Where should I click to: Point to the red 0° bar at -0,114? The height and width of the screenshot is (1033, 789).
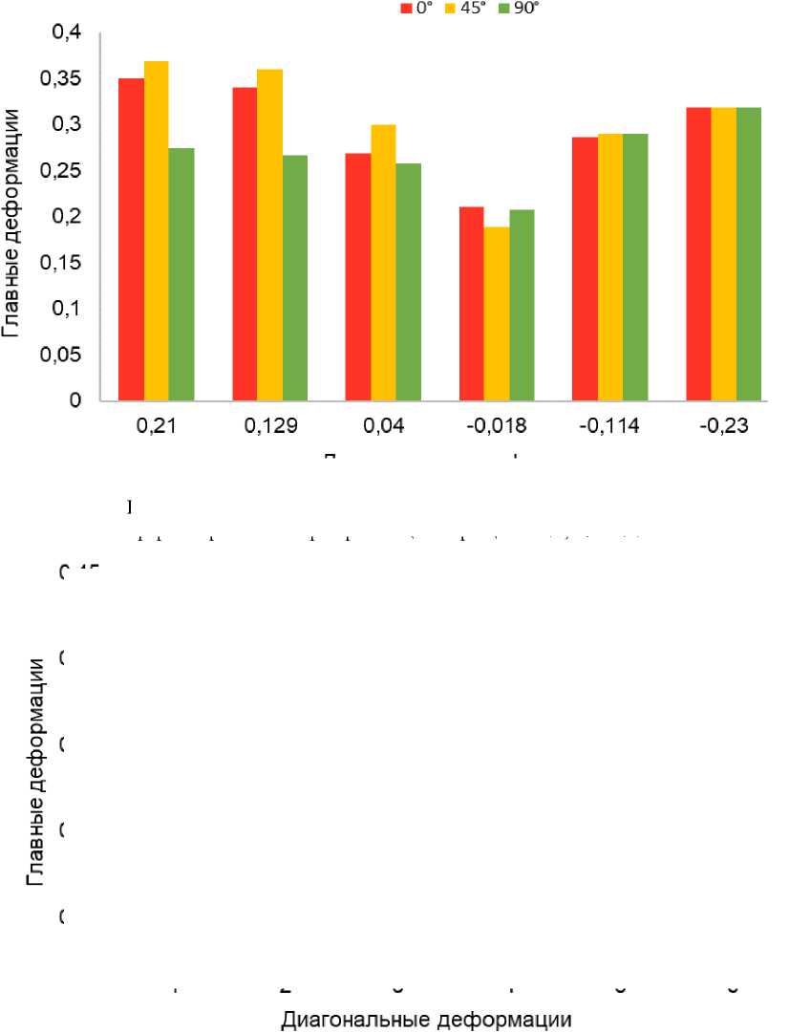[x=585, y=269]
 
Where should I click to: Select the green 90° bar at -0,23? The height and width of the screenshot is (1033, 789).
[x=749, y=254]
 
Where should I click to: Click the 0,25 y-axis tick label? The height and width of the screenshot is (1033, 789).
[x=62, y=171]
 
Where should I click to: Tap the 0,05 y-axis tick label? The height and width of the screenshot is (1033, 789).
[x=62, y=355]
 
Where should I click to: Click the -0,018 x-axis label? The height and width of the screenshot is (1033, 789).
[x=497, y=427]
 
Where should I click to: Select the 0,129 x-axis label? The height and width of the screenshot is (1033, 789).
[x=269, y=427]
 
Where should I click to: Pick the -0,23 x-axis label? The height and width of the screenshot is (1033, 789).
[x=724, y=427]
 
